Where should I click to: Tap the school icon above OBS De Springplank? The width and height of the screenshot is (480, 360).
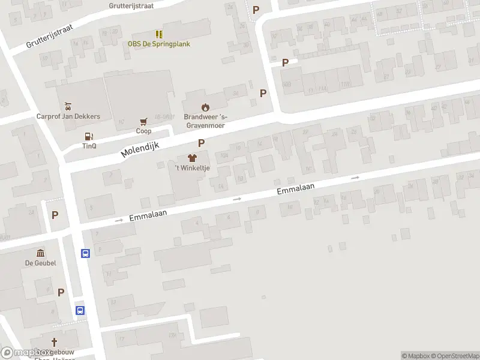click(159, 34)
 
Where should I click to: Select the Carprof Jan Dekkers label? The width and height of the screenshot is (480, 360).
click(68, 116)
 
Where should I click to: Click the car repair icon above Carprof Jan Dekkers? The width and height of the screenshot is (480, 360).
click(68, 106)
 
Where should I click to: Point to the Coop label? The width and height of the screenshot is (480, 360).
click(143, 131)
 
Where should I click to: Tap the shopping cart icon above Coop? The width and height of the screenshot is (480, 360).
click(143, 121)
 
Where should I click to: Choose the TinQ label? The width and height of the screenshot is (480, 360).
click(89, 146)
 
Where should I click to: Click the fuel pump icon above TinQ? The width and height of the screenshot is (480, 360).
click(89, 136)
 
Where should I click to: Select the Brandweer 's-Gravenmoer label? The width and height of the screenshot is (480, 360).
click(206, 121)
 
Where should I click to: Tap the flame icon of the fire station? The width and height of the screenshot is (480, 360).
click(206, 107)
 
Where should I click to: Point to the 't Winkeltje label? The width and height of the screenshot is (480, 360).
click(192, 168)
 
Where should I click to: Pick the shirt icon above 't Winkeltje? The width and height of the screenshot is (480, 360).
click(192, 158)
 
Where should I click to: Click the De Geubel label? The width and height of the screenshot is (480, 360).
click(40, 263)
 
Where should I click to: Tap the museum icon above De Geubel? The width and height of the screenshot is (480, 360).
click(40, 253)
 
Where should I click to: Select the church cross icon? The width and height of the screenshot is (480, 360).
click(54, 342)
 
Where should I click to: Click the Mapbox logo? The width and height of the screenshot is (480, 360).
click(25, 353)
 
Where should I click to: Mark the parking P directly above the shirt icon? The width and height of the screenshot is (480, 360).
click(202, 143)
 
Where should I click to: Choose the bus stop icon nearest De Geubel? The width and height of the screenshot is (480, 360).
click(85, 253)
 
